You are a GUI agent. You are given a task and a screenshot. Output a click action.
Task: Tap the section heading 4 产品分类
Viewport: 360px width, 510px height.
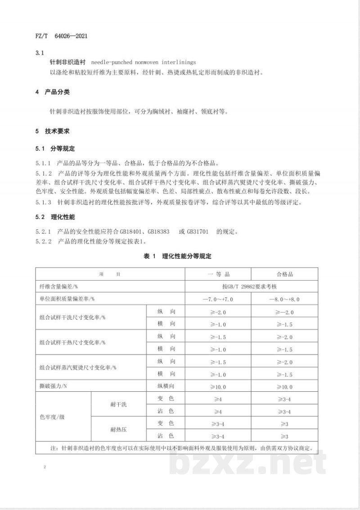point(54,93)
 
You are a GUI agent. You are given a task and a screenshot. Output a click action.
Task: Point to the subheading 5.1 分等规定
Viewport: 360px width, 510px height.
point(55,149)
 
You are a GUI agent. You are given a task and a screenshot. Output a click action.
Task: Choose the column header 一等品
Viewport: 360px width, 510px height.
point(218,274)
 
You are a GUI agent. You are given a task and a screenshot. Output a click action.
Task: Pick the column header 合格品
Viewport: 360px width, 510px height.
point(284,274)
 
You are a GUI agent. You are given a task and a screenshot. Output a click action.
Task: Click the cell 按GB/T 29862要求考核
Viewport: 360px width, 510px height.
point(251,286)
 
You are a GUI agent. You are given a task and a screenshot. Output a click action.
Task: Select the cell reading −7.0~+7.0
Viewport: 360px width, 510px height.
point(218,299)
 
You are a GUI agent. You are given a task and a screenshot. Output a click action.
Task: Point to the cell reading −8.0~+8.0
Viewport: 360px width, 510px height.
point(284,299)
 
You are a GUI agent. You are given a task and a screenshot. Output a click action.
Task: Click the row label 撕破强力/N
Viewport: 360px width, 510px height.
point(53,386)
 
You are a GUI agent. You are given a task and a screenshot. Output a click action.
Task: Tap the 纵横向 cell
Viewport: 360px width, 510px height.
point(166,386)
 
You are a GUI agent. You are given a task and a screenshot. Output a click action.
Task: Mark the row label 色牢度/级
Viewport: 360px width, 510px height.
point(53,417)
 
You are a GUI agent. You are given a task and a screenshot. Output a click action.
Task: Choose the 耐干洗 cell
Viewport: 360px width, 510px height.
point(118,405)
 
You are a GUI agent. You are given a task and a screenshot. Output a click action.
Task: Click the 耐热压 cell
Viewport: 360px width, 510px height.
point(118,429)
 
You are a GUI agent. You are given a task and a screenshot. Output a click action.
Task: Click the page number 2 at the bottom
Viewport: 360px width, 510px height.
point(45,468)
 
